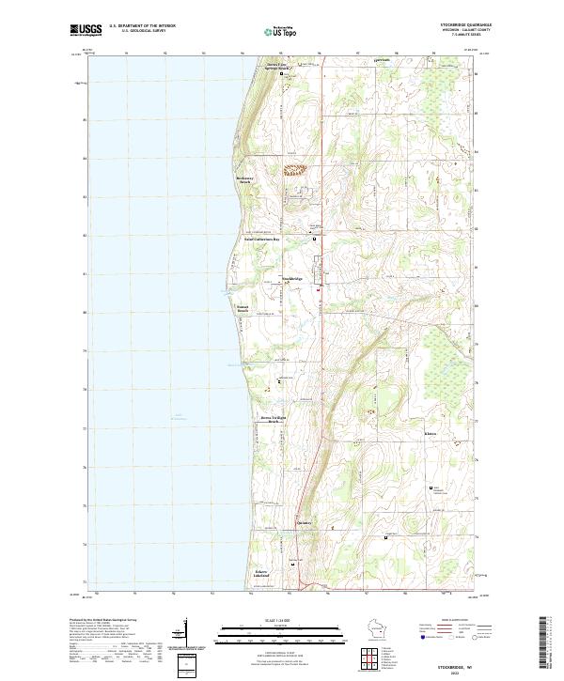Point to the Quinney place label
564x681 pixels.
tap(304, 522)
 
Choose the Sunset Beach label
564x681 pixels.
tap(243, 308)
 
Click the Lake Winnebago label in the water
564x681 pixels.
tap(178, 416)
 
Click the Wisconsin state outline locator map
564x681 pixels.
tap(401, 629)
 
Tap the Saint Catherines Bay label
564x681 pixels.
tap(269, 240)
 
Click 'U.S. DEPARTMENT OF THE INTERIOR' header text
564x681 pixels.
tap(142, 26)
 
